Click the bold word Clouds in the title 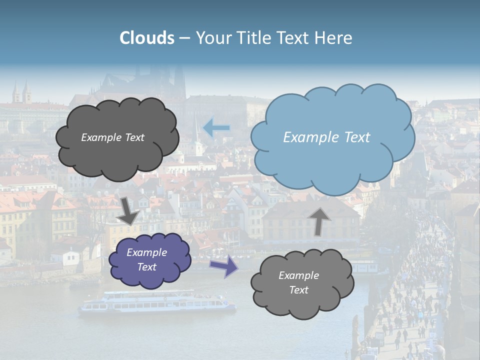(147, 38)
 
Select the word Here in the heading (334, 38)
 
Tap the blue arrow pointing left (216, 128)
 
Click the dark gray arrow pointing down (129, 210)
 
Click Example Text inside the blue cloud (326, 137)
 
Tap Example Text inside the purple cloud (146, 259)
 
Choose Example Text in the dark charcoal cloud (112, 137)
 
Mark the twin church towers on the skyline (22, 93)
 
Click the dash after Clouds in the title (184, 38)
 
